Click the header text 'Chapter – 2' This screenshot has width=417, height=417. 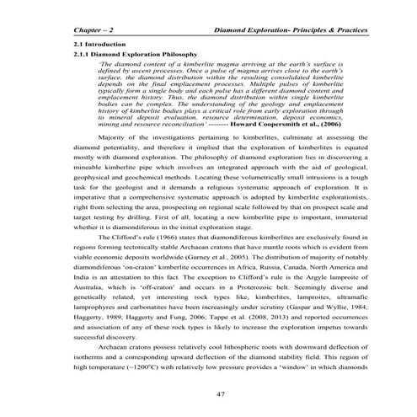pyautogui.click(x=96, y=29)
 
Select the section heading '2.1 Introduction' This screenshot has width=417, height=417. pyautogui.click(x=99, y=43)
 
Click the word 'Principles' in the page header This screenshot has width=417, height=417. pyautogui.click(x=312, y=29)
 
